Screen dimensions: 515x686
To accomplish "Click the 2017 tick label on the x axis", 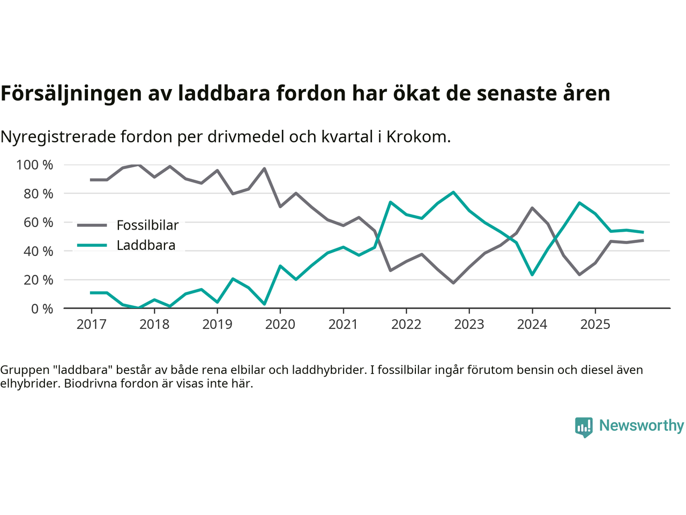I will pyautogui.click(x=91, y=325).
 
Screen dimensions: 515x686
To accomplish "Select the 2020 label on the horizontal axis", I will pyautogui.click(x=280, y=325).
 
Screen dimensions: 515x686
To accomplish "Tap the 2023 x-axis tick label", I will pyautogui.click(x=469, y=325).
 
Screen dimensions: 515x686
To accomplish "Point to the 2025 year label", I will pyautogui.click(x=595, y=325).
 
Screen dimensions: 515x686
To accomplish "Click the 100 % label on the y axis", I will pyautogui.click(x=35, y=165).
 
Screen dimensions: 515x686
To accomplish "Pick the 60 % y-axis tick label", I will pyautogui.click(x=38, y=222).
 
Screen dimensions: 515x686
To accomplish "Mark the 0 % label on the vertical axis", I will pyautogui.click(x=41, y=308).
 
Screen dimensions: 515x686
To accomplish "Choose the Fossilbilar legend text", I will pyautogui.click(x=147, y=225).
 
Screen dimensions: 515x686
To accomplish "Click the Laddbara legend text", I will pyautogui.click(x=146, y=246).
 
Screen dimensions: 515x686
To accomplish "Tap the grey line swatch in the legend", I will pyautogui.click(x=92, y=225).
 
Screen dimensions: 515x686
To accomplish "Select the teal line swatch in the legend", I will pyautogui.click(x=92, y=246).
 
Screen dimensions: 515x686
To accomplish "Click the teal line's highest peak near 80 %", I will pyautogui.click(x=453, y=192).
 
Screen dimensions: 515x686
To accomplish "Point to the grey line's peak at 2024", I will pyautogui.click(x=532, y=208).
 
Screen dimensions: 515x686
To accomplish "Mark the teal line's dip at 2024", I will pyautogui.click(x=532, y=275).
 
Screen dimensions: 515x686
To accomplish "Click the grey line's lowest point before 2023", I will pyautogui.click(x=453, y=283).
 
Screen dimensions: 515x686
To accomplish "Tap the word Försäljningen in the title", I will pyautogui.click(x=61, y=94).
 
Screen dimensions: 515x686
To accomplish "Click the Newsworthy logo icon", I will pyautogui.click(x=584, y=427).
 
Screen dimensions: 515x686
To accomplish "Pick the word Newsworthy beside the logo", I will pyautogui.click(x=641, y=425).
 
